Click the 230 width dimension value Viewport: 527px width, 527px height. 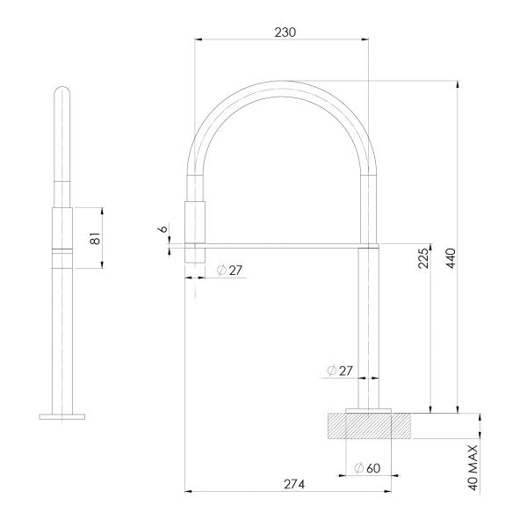tap(285, 31)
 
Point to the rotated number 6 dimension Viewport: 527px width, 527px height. tap(163, 230)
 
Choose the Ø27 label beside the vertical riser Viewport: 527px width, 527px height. tap(339, 371)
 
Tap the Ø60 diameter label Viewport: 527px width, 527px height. tap(366, 468)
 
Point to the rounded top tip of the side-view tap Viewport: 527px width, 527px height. tap(62, 90)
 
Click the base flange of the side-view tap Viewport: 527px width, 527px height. tap(62, 415)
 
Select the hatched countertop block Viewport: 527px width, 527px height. tap(368, 426)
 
